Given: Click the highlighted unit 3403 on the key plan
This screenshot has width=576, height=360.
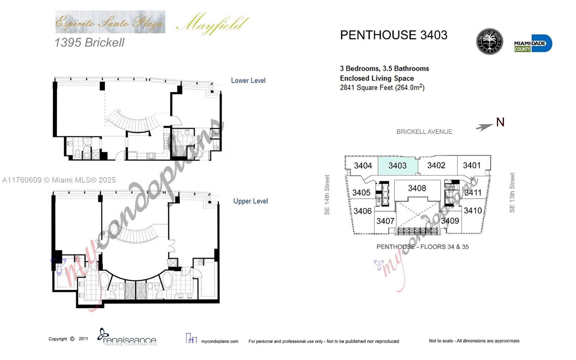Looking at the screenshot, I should tap(397, 166).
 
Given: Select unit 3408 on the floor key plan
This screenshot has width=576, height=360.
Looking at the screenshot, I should tap(417, 188).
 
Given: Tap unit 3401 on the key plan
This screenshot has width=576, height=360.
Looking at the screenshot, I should tap(472, 165).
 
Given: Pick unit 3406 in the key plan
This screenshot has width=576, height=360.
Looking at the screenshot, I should tap(362, 211).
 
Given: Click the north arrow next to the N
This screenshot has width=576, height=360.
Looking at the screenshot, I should tap(484, 127).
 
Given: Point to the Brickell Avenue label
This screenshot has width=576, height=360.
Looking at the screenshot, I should tap(424, 132).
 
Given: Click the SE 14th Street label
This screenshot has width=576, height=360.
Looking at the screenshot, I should tap(327, 195).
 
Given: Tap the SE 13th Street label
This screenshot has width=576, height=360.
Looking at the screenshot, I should tap(512, 193).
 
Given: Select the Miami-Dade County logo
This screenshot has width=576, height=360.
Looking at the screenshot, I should tap(532, 44).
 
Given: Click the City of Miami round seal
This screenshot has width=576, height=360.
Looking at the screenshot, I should tap(489, 41).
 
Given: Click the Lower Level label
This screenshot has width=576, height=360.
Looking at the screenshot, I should tap(248, 81).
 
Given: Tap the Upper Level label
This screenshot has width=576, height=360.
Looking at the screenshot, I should tap(250, 201).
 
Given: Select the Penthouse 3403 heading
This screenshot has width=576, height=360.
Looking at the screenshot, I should tap(393, 35).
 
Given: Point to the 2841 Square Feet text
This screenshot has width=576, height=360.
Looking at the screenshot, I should tap(382, 87).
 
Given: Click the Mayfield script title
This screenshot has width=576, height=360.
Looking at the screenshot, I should tap(212, 24).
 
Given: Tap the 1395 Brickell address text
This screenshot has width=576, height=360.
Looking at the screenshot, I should tap(89, 42).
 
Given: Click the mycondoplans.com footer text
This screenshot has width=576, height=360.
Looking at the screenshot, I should tap(219, 341).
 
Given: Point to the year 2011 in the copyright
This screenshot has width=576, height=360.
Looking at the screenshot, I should tap(83, 339).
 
